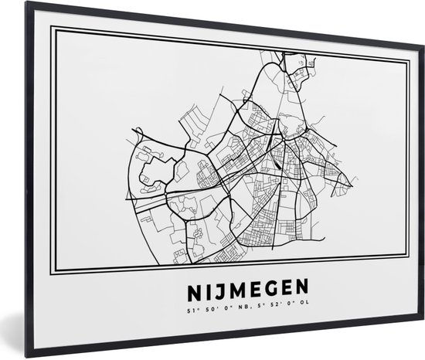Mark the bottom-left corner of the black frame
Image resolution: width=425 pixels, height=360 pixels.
(26, 357)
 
